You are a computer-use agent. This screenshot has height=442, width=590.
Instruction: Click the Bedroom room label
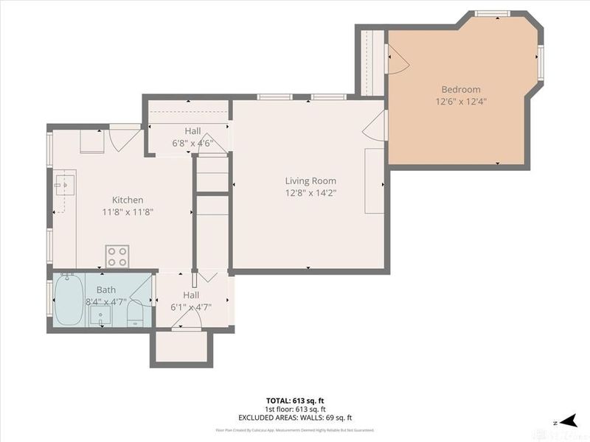[x=461, y=90]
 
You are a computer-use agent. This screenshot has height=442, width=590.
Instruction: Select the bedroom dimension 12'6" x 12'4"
[x=461, y=102]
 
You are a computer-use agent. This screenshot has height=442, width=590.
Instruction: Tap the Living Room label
[x=310, y=180]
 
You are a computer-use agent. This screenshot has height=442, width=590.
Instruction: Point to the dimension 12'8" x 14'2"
[x=310, y=193]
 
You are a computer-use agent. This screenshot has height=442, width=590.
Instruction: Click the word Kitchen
[x=128, y=200]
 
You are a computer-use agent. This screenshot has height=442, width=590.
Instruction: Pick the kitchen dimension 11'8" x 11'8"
[x=128, y=212]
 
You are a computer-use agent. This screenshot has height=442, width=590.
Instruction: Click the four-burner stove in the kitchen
[x=117, y=256]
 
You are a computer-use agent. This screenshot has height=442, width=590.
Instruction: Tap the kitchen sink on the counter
[x=66, y=183]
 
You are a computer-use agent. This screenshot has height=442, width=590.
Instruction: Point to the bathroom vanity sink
[x=100, y=316]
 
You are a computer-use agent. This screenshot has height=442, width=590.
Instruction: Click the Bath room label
[x=105, y=290]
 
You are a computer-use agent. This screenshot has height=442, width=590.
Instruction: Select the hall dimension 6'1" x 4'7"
[x=191, y=307]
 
